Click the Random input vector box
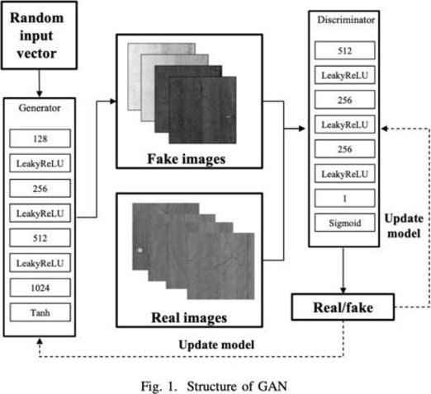39,35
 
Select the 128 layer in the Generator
40,138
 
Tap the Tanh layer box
40,312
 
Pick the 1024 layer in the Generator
40,288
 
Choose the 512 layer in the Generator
40,238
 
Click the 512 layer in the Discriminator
344,50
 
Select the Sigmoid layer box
344,223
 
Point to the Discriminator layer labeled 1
344,198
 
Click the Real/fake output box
343,307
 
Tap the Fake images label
187,159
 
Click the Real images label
189,318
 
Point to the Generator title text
40,108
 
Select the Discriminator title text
346,20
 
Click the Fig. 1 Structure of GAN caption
214,386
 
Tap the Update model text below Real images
216,345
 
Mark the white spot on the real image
140,251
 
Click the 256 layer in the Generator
40,189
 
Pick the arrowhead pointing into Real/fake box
343,290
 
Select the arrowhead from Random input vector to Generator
40,94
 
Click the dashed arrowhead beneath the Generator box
40,341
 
